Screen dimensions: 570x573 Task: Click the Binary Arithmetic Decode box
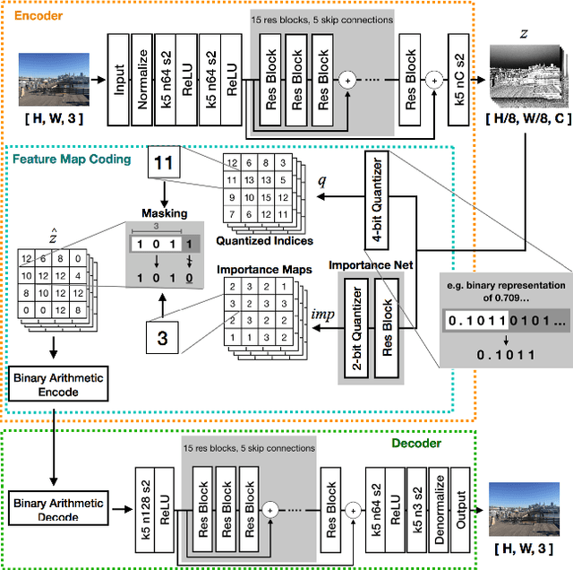tap(58, 507)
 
